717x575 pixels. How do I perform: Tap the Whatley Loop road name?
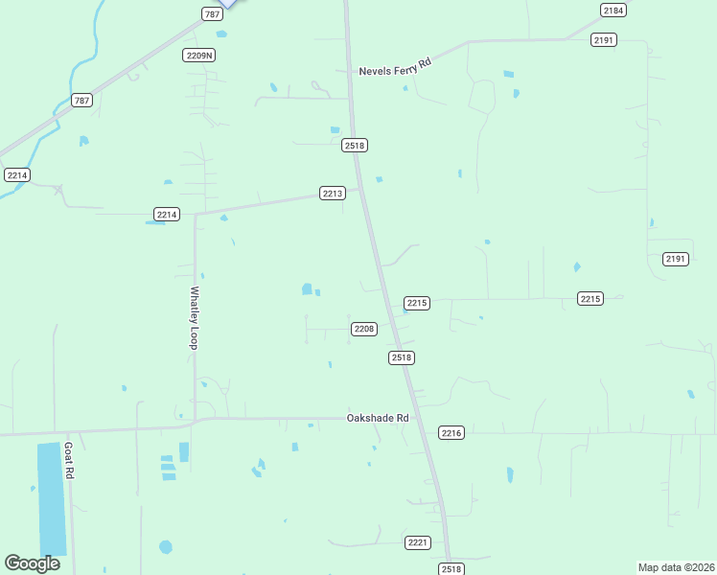coord(194,317)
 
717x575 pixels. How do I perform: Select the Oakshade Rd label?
coord(378,419)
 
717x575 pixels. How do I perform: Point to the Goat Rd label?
coord(69,461)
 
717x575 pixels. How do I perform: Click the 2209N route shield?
coord(199,56)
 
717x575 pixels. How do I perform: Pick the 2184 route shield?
coord(613,10)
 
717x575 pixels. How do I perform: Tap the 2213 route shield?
coord(332,194)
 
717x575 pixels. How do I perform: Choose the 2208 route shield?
coord(363,329)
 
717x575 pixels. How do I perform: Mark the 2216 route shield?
coord(451,433)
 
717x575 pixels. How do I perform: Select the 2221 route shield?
coord(417,542)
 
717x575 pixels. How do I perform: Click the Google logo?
coord(32,563)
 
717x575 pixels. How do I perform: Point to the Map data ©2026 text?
coord(676,566)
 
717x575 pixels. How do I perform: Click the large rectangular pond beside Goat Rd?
coord(53,498)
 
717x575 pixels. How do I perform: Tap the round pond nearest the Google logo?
coord(166,547)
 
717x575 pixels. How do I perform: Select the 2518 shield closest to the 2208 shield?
coord(402,357)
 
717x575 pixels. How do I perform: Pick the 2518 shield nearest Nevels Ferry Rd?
coord(355,145)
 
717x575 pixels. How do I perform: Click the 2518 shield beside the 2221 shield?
coord(451,568)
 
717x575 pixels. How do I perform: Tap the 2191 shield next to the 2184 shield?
coord(604,39)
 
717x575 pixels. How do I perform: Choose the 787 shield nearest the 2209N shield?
coord(212,13)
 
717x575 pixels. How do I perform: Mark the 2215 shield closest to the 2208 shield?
coord(416,303)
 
